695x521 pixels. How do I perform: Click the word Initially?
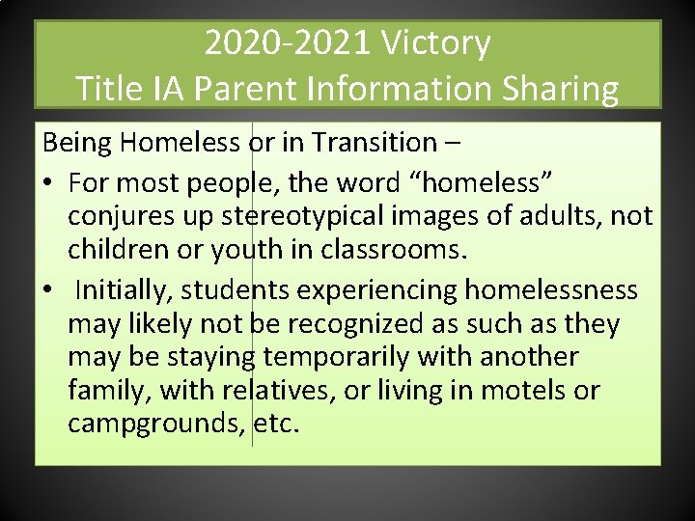124,288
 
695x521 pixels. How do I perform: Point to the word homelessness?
551,288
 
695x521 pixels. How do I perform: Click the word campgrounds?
155,425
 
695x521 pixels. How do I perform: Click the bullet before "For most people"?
47,182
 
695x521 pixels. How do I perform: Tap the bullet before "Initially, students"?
47,289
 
